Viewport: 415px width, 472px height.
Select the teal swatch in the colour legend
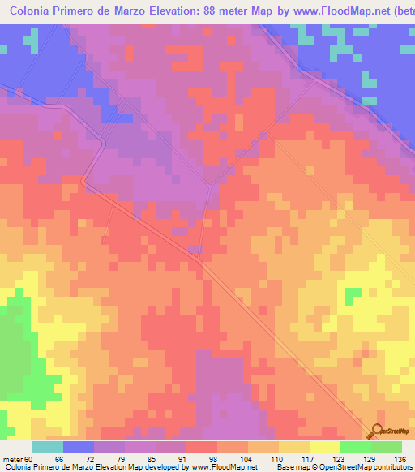click(x=48, y=447)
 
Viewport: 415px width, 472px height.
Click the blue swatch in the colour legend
click(x=79, y=447)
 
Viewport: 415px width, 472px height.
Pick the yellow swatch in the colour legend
click(x=324, y=447)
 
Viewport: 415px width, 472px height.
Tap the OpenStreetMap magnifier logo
click(x=376, y=431)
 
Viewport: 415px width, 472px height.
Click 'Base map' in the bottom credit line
click(x=289, y=466)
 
